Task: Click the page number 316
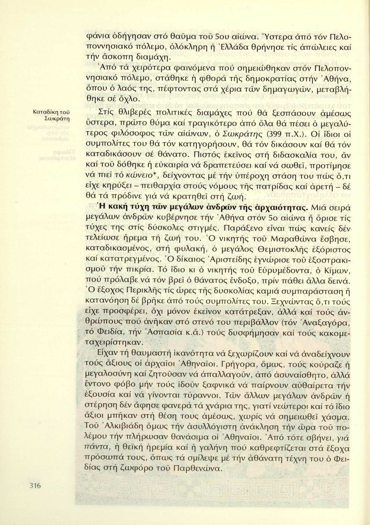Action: click(35, 485)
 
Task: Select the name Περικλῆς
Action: click(139, 290)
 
